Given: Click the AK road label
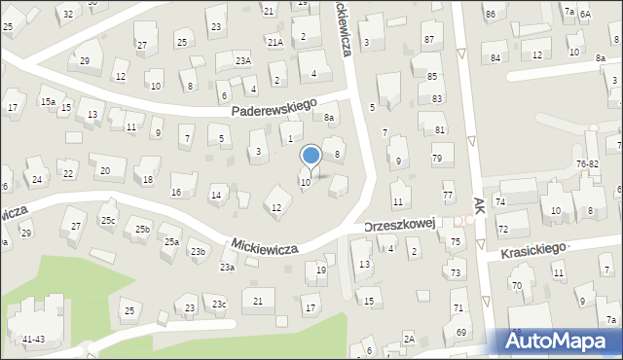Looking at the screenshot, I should (x=479, y=206).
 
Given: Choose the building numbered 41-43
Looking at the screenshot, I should (x=33, y=339).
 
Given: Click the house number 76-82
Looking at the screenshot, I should (x=587, y=164).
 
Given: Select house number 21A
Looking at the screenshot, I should (x=275, y=42).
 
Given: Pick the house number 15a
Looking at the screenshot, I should (x=47, y=101).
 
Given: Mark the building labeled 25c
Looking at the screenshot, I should (x=107, y=221).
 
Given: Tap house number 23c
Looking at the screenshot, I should (x=220, y=306).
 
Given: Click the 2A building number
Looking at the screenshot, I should (x=409, y=339).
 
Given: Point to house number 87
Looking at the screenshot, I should (x=428, y=38).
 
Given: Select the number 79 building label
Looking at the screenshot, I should (x=437, y=158).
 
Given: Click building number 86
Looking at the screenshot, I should (x=491, y=14).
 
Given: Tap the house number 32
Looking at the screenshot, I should (x=67, y=14).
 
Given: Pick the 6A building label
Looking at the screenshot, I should (x=586, y=14).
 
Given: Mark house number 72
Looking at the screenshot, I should (x=503, y=230).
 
